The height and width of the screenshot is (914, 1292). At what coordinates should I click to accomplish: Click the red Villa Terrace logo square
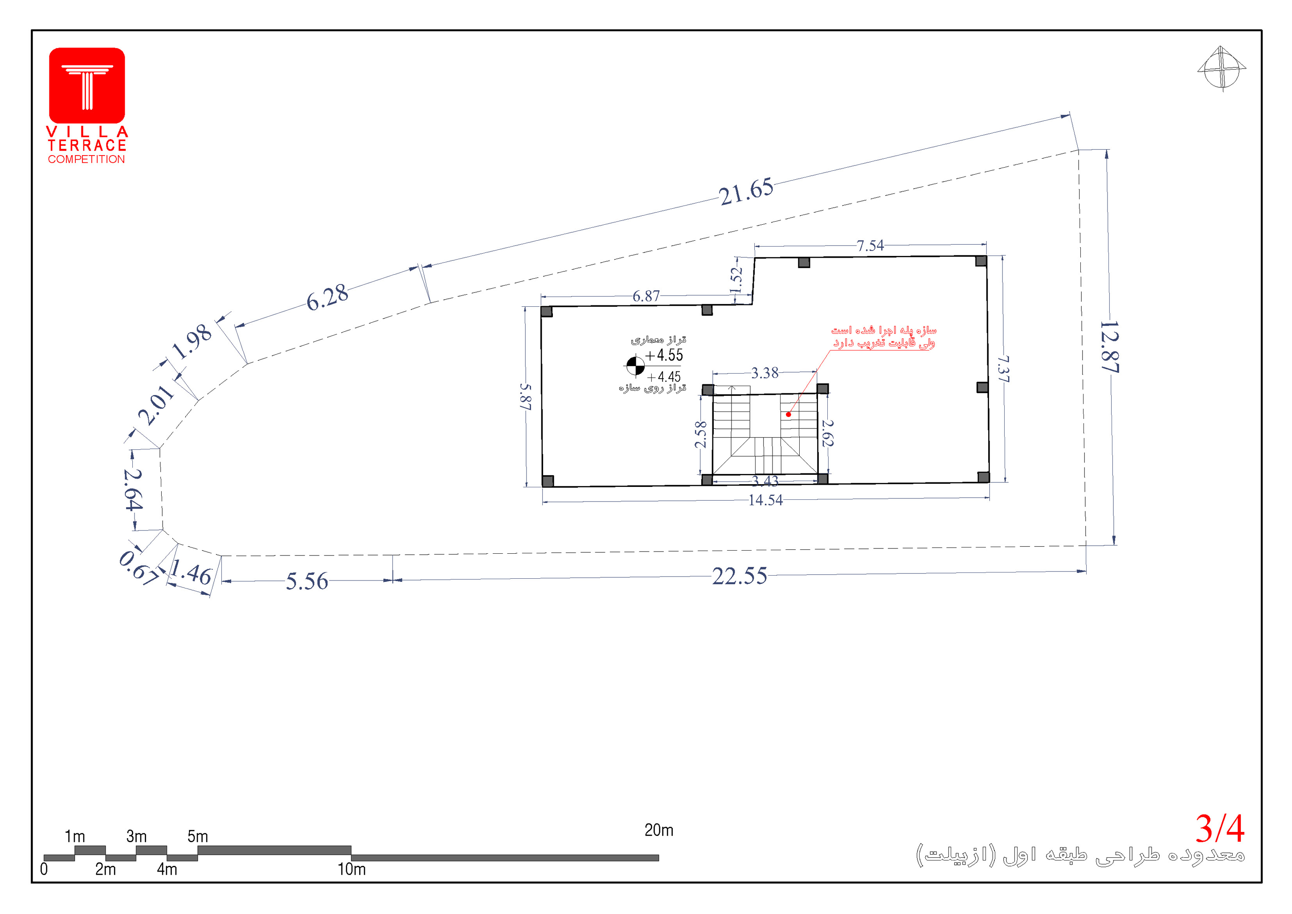(x=87, y=85)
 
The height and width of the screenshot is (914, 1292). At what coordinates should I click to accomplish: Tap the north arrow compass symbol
(x=1221, y=69)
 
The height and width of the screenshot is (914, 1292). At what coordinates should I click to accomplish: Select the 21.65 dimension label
(x=746, y=191)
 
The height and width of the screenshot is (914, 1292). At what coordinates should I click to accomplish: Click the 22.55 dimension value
(x=740, y=576)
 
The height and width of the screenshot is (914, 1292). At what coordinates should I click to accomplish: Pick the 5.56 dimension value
(x=307, y=581)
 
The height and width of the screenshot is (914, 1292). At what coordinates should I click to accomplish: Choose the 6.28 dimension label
(x=327, y=297)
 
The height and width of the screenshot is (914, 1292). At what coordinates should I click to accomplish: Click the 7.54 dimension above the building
(x=870, y=246)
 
